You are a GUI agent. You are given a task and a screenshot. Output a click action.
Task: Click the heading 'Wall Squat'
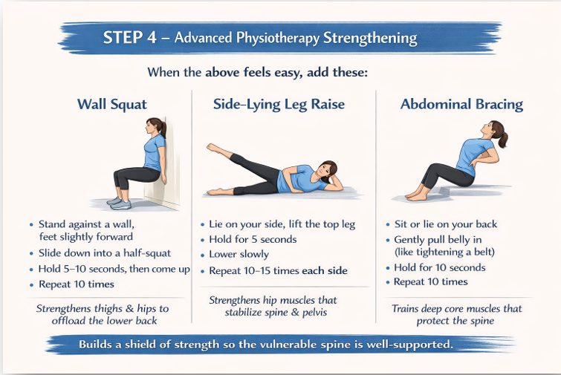click(x=112, y=105)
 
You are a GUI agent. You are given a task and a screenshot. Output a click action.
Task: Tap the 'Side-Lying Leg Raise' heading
click(x=279, y=105)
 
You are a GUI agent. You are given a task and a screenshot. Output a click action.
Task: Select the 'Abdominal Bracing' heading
click(x=461, y=105)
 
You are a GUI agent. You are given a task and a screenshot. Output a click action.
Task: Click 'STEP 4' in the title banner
click(x=130, y=38)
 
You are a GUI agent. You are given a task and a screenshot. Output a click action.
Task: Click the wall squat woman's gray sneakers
click(x=119, y=203)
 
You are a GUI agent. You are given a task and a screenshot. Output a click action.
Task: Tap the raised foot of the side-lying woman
click(x=214, y=149)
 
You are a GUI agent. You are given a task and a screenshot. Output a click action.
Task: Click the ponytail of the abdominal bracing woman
click(x=503, y=138)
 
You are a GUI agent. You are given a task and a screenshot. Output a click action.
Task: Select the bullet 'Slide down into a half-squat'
click(x=105, y=253)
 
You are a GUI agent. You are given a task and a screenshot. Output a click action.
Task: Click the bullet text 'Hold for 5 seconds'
click(x=253, y=239)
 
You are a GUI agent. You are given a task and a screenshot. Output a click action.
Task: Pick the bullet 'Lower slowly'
click(x=239, y=254)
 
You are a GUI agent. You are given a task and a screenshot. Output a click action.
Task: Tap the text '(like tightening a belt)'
click(x=445, y=252)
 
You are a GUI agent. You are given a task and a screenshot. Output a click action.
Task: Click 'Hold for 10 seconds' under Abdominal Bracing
click(x=440, y=267)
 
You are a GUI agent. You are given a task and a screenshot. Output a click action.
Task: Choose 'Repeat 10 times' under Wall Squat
click(x=77, y=284)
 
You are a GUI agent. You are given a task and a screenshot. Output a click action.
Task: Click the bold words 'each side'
click(x=325, y=270)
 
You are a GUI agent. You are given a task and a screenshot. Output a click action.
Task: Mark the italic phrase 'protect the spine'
click(x=455, y=321)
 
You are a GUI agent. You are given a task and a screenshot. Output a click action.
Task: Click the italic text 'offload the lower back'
click(x=104, y=321)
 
